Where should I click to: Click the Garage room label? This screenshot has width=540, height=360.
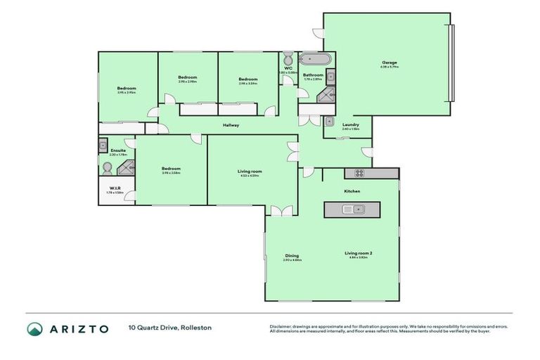[390, 63]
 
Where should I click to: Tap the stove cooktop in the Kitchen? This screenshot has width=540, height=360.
[359, 173]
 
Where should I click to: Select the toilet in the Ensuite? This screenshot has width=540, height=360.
[107, 168]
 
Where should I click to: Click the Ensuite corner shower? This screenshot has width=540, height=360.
[126, 167]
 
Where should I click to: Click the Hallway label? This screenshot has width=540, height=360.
[231, 125]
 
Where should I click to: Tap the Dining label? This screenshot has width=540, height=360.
[292, 255]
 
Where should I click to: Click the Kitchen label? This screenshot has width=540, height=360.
[352, 191]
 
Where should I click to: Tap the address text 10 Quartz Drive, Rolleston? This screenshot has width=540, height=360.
[169, 328]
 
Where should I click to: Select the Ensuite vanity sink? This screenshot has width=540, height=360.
[103, 146]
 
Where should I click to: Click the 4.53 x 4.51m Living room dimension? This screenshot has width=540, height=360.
[250, 176]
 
